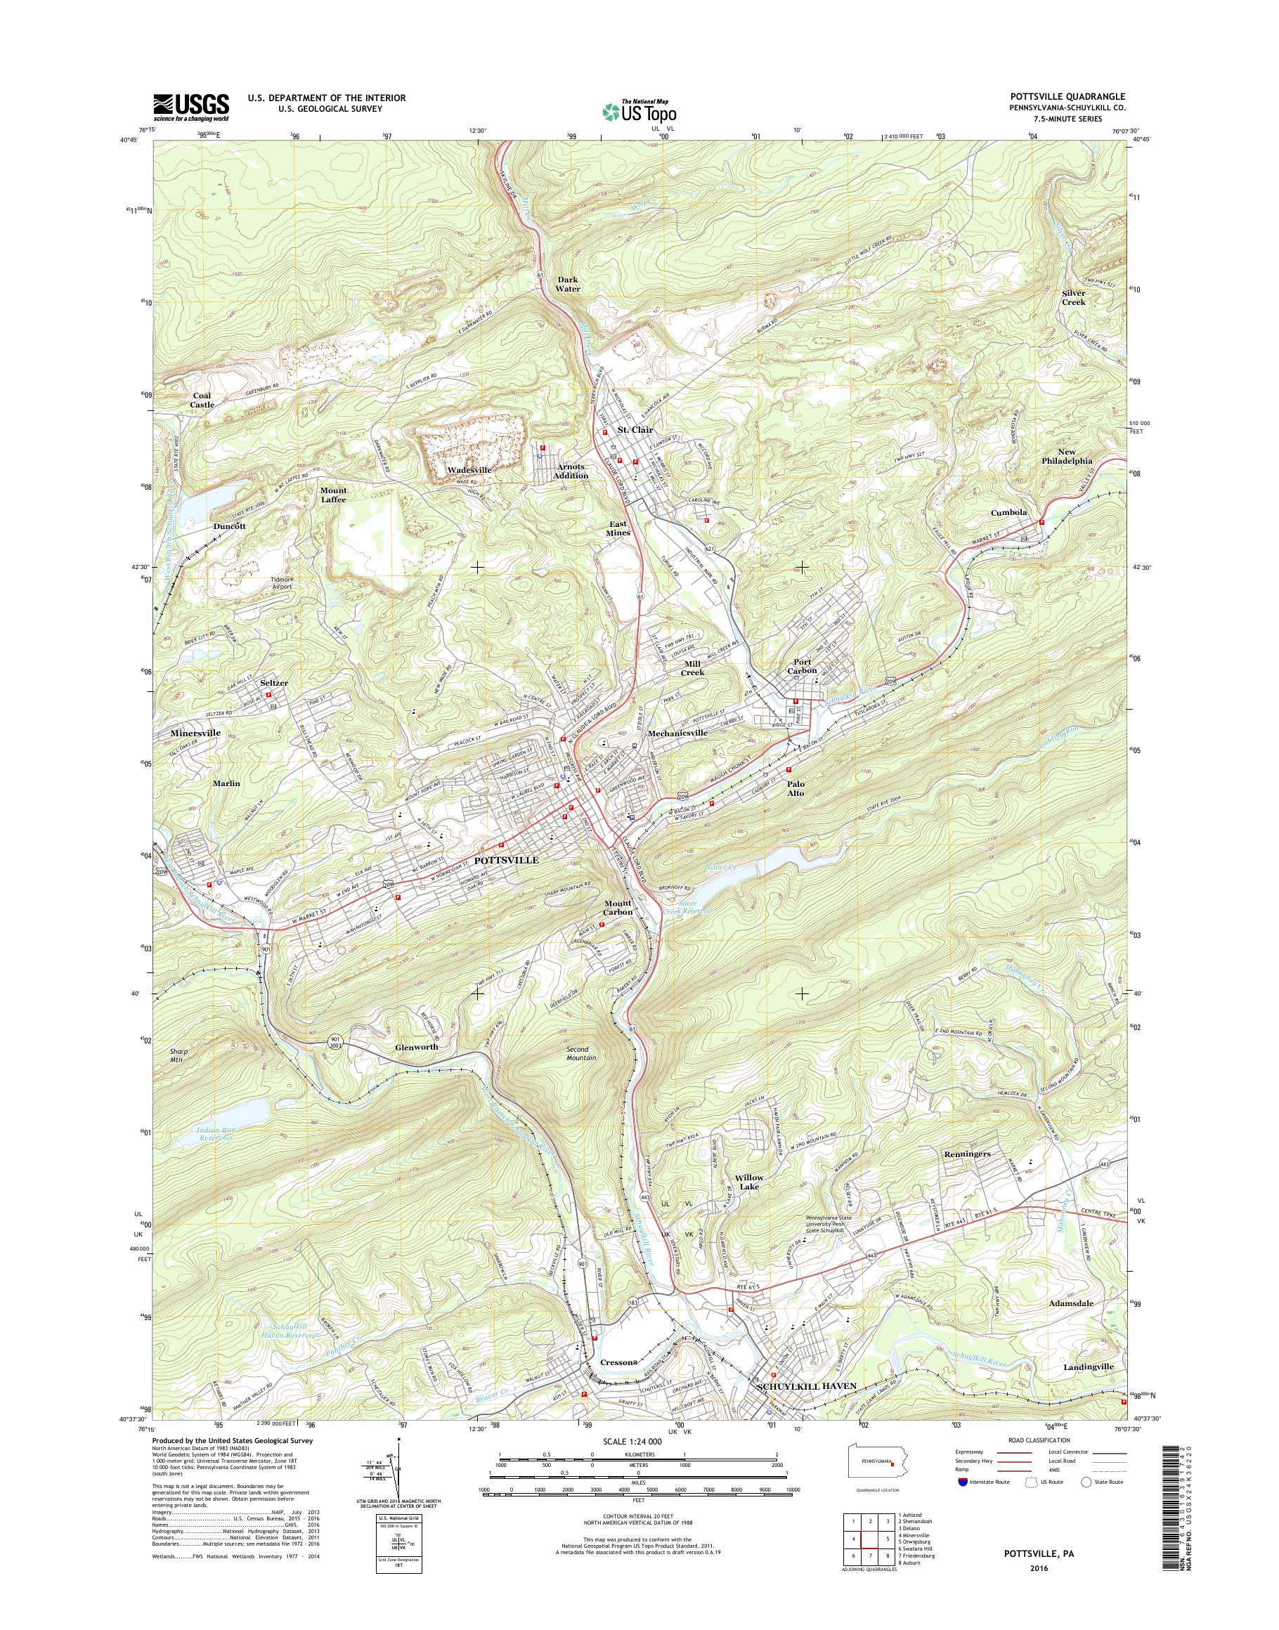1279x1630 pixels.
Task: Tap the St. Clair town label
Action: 635,430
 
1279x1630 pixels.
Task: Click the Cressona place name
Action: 618,1383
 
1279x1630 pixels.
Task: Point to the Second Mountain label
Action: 581,1052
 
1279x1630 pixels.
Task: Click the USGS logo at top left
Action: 191,107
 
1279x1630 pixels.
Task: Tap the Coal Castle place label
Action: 202,400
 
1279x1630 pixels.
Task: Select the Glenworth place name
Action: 416,1046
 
